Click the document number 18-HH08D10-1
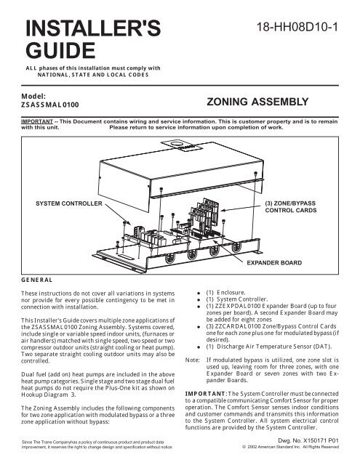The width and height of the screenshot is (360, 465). [x=297, y=28]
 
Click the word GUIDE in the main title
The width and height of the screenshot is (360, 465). [x=60, y=50]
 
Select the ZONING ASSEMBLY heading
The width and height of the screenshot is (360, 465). [x=257, y=102]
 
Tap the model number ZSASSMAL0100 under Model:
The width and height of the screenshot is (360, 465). [x=50, y=105]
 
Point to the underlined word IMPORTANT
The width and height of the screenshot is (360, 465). [x=37, y=121]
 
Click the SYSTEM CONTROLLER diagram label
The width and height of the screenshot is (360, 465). [x=69, y=203]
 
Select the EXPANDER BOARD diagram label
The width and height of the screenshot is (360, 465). [x=274, y=263]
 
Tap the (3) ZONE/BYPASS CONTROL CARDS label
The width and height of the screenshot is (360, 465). [x=291, y=206]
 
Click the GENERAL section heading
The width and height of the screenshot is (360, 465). [x=37, y=280]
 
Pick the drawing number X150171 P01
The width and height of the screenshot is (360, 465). [x=321, y=441]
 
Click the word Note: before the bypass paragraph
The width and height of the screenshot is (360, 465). [x=192, y=360]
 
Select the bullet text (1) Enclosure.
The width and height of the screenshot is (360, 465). [x=226, y=292]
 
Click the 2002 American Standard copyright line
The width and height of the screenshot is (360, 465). [x=291, y=447]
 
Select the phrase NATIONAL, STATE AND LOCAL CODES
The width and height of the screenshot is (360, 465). [x=93, y=75]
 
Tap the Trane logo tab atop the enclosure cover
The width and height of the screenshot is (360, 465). [x=182, y=145]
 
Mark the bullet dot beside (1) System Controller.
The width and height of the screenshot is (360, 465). [x=199, y=300]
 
